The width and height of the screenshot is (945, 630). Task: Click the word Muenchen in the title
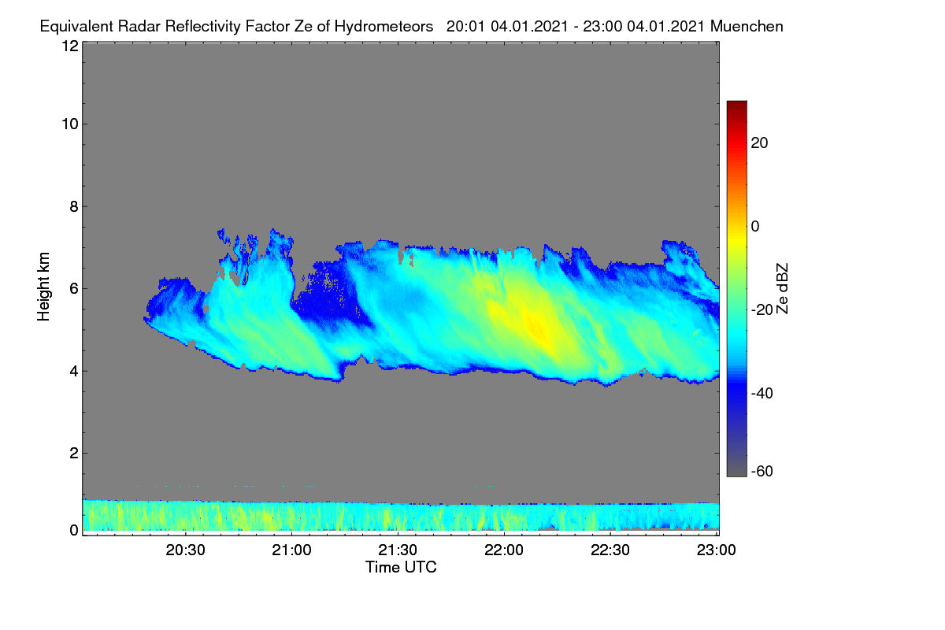(747, 26)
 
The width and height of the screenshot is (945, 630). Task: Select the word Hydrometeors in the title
(384, 26)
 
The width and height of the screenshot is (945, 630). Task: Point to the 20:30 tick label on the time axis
(185, 550)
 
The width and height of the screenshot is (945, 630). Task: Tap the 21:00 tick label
(291, 550)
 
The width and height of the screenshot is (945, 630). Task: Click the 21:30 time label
(398, 550)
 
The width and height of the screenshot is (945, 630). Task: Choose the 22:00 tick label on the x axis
(504, 550)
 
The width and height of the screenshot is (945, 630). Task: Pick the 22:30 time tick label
(610, 550)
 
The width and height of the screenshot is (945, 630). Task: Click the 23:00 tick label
(717, 550)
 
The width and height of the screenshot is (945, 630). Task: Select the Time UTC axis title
(401, 567)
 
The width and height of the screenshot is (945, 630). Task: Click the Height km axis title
(43, 287)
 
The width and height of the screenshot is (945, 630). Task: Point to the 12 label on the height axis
(70, 46)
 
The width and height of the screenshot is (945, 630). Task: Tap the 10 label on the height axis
(70, 124)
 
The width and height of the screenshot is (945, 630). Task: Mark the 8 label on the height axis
(74, 206)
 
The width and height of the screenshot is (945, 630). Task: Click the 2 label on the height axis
(74, 453)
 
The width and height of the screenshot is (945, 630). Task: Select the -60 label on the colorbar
(762, 472)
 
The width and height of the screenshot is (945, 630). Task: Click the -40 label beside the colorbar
(762, 393)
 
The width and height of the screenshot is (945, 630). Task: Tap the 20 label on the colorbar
(759, 143)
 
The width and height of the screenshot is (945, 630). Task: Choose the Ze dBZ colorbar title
(782, 289)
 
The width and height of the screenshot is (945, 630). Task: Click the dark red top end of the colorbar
(736, 104)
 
